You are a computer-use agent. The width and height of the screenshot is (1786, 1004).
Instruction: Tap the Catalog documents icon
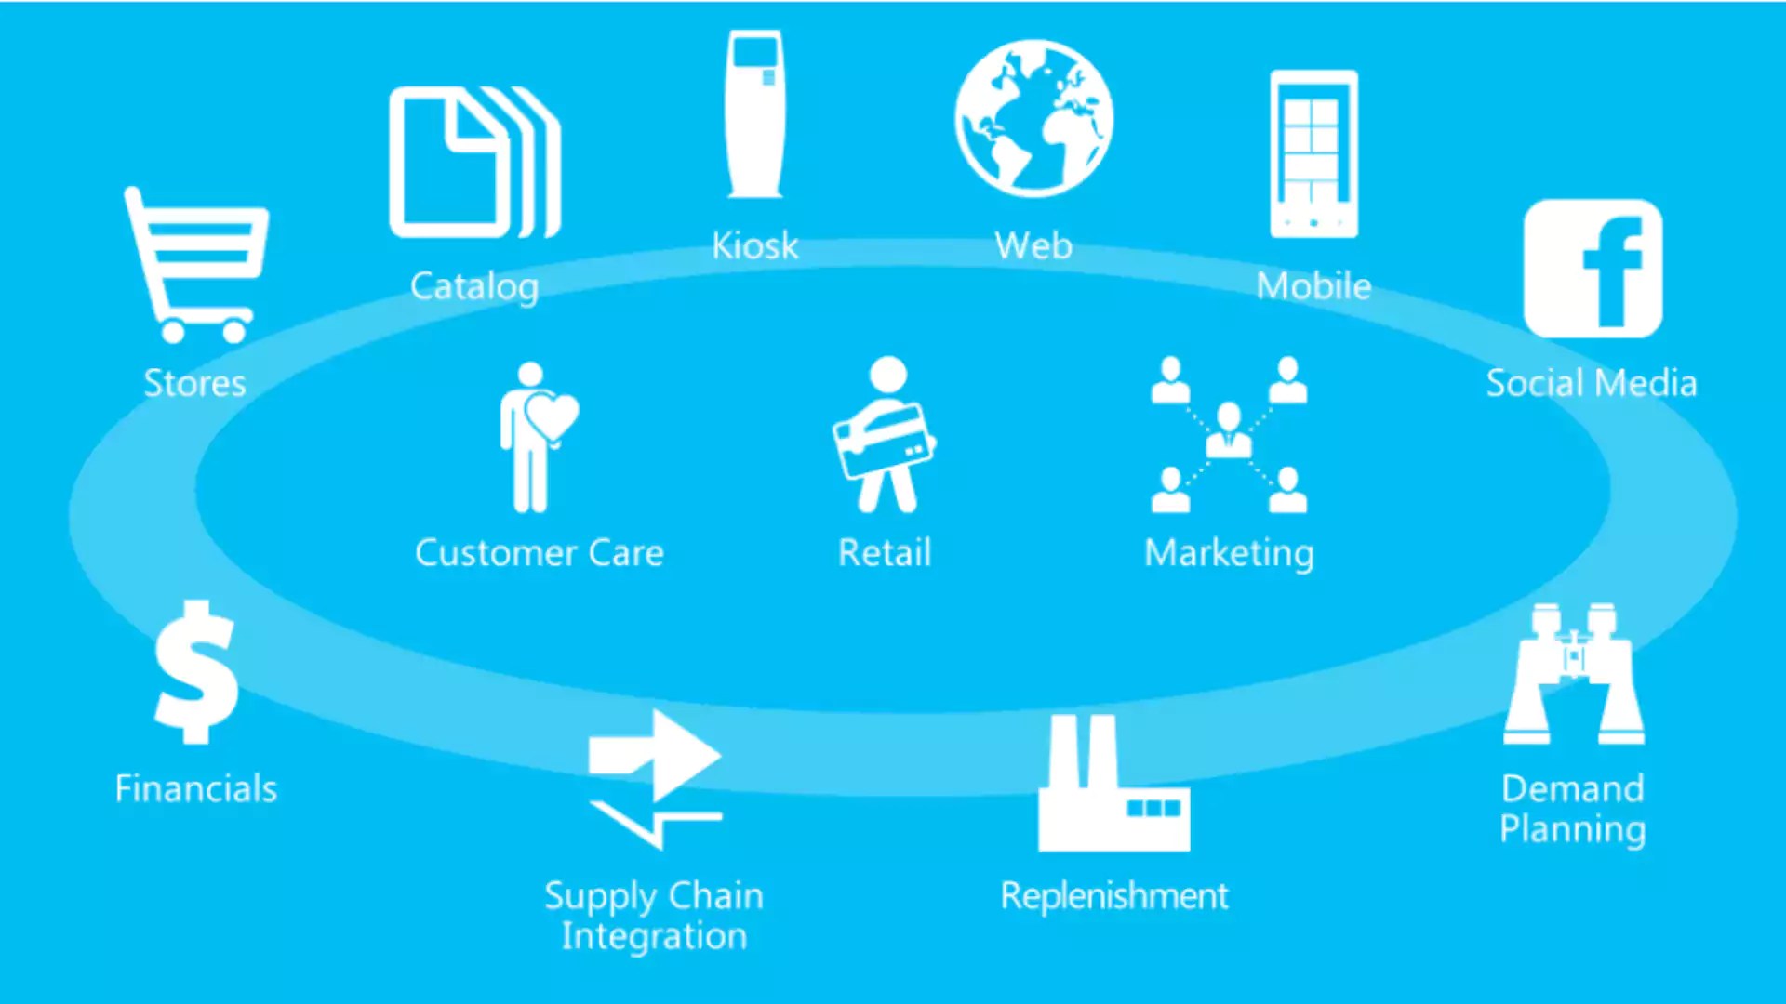[x=473, y=163]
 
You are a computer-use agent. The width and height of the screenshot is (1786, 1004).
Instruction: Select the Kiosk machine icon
[x=754, y=113]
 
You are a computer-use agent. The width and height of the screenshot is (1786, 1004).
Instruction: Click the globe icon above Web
[x=1033, y=118]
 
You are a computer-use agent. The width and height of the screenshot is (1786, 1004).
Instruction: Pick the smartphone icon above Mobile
[x=1313, y=154]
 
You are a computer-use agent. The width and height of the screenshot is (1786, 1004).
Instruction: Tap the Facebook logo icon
[x=1593, y=269]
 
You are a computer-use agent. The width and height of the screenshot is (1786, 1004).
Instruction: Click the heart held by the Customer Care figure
[x=553, y=415]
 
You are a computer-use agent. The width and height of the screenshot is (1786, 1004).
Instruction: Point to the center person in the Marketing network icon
[x=1229, y=430]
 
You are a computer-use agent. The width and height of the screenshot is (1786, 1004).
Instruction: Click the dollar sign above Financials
[x=196, y=672]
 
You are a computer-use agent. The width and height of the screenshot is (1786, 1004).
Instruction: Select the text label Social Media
[x=1592, y=383]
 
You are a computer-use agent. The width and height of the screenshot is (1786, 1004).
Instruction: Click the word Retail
[x=885, y=553]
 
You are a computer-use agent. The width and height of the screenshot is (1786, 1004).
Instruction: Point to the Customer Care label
[x=540, y=553]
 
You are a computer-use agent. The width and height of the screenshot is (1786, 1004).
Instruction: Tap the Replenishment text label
[x=1114, y=896]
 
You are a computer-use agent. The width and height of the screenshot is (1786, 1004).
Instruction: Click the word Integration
[x=654, y=936]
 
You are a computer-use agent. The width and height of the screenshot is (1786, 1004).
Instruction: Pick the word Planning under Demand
[x=1573, y=829]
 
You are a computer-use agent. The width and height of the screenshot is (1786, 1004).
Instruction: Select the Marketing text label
[x=1229, y=553]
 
